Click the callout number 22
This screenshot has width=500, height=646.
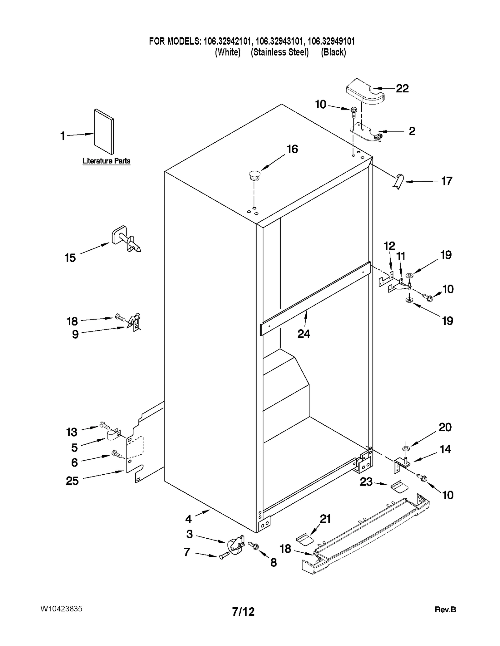402,89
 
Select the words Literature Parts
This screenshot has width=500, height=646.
106,161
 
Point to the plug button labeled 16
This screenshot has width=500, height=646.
254,176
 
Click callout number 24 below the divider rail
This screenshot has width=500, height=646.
303,334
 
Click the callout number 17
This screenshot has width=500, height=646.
446,181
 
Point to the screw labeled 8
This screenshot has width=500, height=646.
254,546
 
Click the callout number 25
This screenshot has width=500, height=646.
72,481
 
